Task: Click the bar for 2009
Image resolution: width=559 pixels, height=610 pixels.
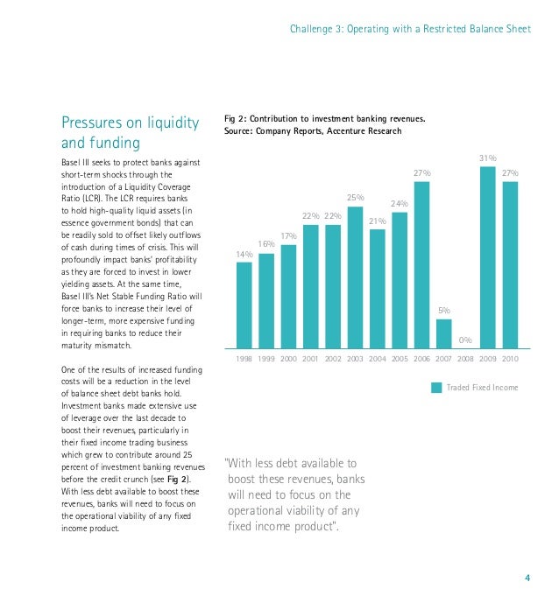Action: [487, 257]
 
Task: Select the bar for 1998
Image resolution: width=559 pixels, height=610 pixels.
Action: [244, 305]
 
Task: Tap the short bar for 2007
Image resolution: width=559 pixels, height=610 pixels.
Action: [443, 333]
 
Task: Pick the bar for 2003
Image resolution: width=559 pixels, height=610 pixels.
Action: [355, 277]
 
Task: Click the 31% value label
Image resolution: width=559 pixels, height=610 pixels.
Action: [488, 158]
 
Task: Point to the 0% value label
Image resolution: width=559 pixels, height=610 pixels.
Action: [465, 340]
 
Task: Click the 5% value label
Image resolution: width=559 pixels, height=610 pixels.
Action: [443, 311]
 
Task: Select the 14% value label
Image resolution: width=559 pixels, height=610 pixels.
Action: [244, 255]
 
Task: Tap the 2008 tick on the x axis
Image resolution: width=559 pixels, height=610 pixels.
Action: [465, 359]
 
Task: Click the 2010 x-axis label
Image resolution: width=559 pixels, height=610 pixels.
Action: [510, 359]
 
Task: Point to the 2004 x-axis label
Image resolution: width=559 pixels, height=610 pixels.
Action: [377, 359]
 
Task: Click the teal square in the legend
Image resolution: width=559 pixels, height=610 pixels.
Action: [436, 388]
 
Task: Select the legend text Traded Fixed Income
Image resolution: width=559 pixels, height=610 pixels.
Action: [482, 388]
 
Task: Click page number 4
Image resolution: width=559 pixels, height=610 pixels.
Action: [527, 578]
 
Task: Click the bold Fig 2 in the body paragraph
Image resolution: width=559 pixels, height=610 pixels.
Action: [178, 480]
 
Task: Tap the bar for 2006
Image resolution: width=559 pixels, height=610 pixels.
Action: [421, 265]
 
